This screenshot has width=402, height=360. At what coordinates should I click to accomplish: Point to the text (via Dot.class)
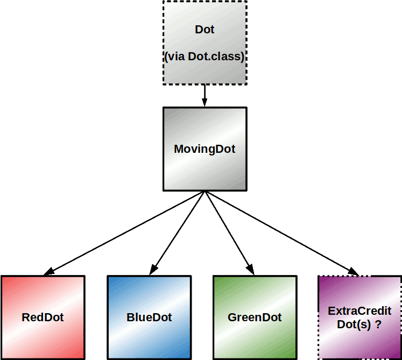tap(204, 56)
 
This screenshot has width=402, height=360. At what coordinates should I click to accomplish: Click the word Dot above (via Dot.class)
tap(204, 30)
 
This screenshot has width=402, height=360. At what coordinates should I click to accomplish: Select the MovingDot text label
tap(204, 149)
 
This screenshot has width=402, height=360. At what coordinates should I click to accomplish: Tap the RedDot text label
tap(43, 317)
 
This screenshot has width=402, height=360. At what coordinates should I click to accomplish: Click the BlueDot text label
tap(149, 317)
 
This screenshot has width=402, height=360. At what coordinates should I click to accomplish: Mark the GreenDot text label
tap(255, 317)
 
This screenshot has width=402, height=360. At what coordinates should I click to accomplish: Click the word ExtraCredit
tap(359, 311)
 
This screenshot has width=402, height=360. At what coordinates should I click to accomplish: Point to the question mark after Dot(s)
tap(379, 324)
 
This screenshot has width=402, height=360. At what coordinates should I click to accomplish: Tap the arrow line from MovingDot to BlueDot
tap(178, 232)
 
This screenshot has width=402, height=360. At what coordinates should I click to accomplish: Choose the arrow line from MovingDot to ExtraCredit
tap(280, 232)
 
